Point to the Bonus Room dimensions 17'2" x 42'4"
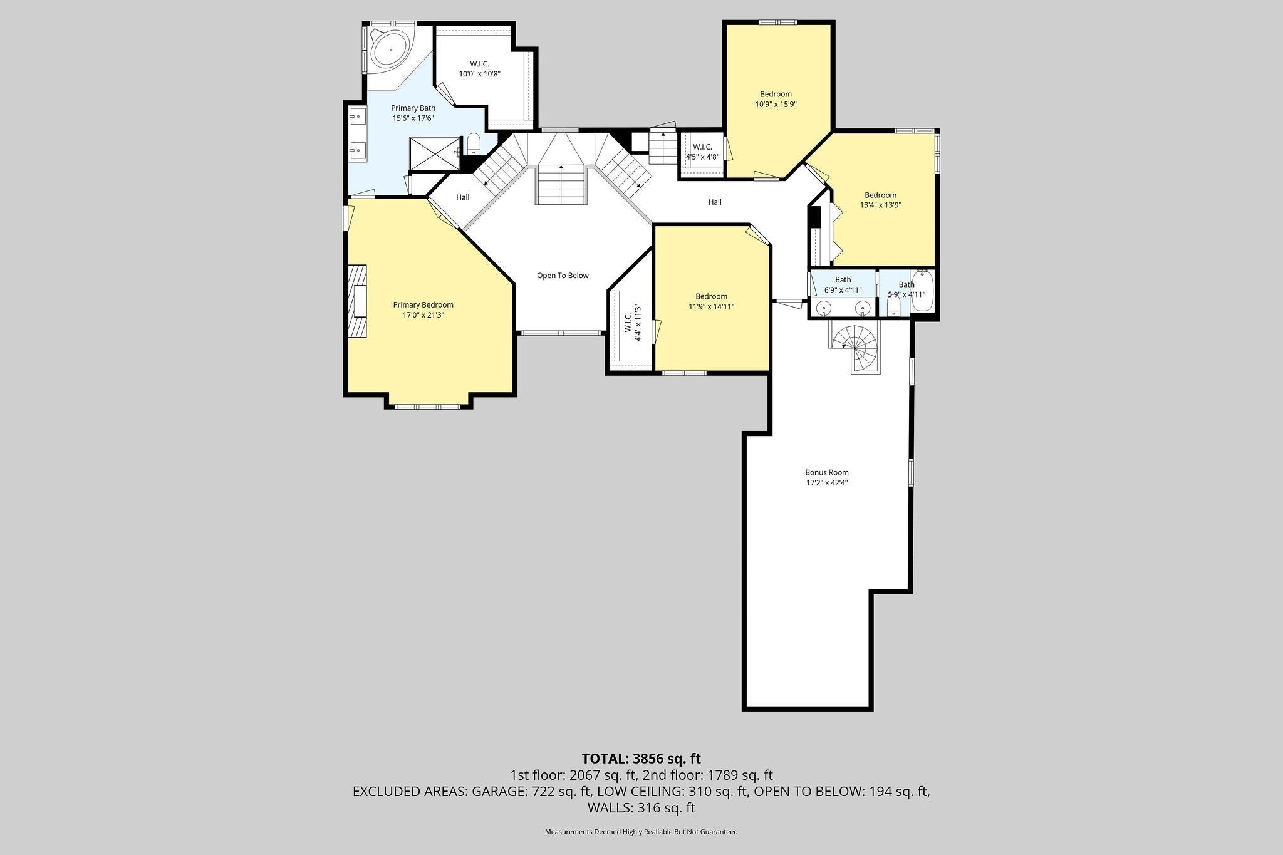click(827, 483)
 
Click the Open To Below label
click(563, 276)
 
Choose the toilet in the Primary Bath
click(473, 145)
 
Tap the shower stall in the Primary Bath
click(435, 153)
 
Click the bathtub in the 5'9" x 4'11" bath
click(922, 291)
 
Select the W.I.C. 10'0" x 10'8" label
click(480, 69)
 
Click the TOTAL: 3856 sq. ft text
click(641, 759)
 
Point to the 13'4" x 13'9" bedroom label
click(880, 200)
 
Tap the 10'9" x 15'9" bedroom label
click(776, 100)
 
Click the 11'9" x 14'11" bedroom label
click(711, 302)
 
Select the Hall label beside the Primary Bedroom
click(463, 197)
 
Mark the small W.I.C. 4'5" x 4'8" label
click(702, 152)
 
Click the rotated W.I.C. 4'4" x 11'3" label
click(633, 323)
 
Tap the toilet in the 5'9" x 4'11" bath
click(894, 305)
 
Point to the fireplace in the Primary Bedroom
click(358, 301)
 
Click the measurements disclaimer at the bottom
click(641, 832)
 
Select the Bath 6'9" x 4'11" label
click(843, 286)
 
